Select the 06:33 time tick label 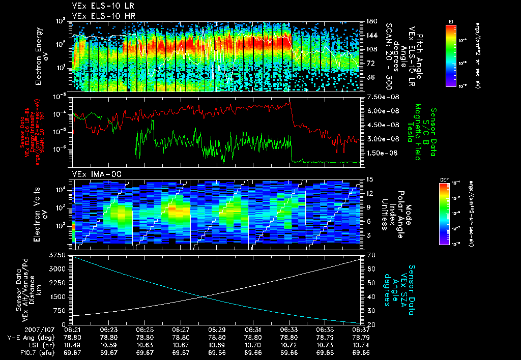289,330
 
